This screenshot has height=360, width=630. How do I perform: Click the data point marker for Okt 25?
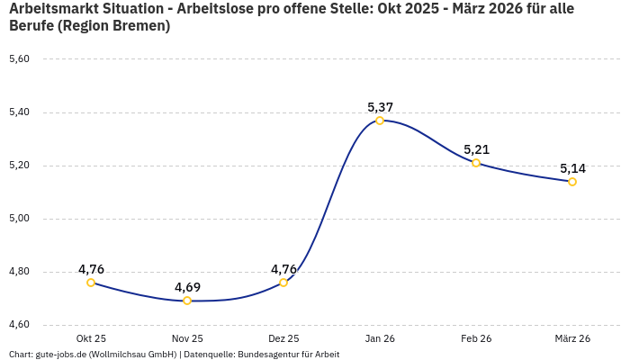(91, 283)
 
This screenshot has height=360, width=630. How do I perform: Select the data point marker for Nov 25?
(187, 301)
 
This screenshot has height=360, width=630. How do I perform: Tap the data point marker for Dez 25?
(283, 283)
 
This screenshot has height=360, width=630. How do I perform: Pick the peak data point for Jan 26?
(380, 121)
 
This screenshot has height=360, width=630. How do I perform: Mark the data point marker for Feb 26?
(476, 163)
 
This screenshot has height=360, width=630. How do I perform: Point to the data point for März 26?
(572, 182)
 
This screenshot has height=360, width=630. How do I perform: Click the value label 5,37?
(380, 107)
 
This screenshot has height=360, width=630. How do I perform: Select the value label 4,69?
(187, 287)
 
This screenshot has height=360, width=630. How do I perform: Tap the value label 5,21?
(476, 149)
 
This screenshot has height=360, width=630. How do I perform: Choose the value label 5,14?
(572, 168)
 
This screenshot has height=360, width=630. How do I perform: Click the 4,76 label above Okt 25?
(91, 269)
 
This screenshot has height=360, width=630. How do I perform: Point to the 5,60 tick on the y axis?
(19, 59)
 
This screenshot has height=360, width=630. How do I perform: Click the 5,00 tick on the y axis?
(19, 219)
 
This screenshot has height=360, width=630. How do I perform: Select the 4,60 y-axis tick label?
(19, 325)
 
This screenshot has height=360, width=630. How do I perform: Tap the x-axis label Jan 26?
(380, 338)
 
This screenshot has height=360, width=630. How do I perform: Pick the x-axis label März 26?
(572, 338)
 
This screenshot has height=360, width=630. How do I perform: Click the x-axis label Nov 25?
(187, 338)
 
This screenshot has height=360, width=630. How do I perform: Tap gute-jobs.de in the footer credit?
(60, 355)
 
